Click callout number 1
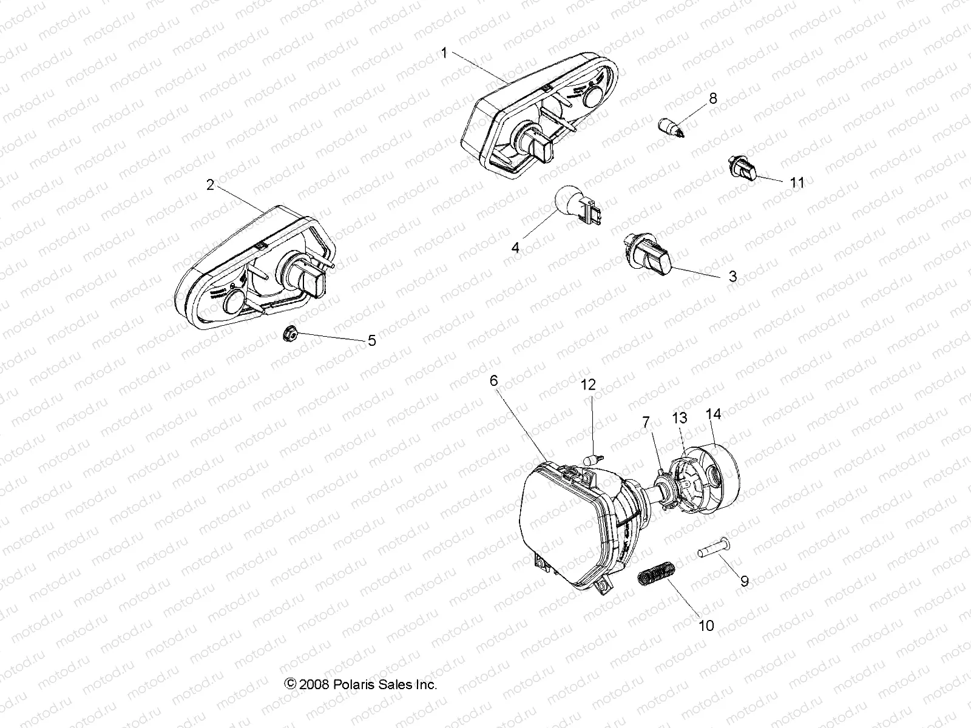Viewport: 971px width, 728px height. tap(444, 53)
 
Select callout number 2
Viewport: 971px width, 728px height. tap(210, 185)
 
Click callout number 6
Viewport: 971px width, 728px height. tap(493, 380)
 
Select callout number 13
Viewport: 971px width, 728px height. tap(679, 417)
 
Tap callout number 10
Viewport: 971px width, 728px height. tap(706, 625)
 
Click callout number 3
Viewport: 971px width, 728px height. tap(732, 277)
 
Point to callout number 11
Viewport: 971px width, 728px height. tap(797, 182)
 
